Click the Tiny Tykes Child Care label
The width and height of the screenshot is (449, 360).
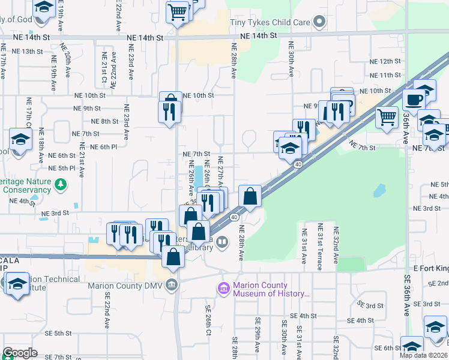270,23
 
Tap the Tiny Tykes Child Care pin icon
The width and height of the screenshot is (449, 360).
319,23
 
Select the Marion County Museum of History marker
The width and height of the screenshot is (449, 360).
224,290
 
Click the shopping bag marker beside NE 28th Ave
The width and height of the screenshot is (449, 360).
250,196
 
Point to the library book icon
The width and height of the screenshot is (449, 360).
222,242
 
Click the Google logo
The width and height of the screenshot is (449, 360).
20,353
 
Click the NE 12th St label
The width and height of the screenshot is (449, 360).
385,61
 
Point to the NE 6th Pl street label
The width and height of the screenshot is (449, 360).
103,146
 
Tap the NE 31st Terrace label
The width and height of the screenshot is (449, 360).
320,246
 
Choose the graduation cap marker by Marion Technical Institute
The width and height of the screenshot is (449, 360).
17,283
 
